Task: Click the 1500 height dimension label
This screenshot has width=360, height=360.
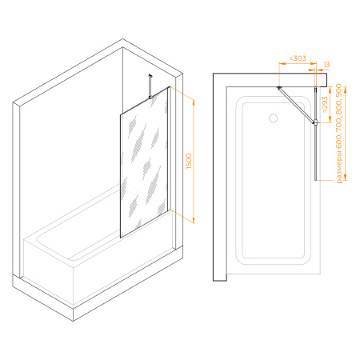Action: click(189, 161)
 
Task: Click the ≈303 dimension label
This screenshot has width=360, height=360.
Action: click(298, 58)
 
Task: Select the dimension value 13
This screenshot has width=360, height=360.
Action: click(326, 65)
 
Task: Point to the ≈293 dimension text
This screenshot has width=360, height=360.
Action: click(325, 105)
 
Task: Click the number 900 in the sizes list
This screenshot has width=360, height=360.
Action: click(339, 90)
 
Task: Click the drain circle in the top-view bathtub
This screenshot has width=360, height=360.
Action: click(274, 118)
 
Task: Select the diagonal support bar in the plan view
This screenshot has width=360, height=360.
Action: click(296, 105)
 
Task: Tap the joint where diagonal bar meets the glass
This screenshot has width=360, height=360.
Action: click(315, 122)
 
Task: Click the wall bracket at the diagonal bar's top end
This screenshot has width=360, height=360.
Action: click(279, 87)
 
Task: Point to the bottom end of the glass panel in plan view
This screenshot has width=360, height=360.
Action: click(316, 180)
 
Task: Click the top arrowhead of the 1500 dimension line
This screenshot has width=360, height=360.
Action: click(194, 102)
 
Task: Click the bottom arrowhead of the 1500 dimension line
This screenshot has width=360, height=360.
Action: click(194, 220)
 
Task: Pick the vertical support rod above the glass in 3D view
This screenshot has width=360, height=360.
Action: click(150, 86)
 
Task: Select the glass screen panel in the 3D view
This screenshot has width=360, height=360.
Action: click(144, 162)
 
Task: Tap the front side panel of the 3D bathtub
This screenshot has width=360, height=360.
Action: click(48, 270)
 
